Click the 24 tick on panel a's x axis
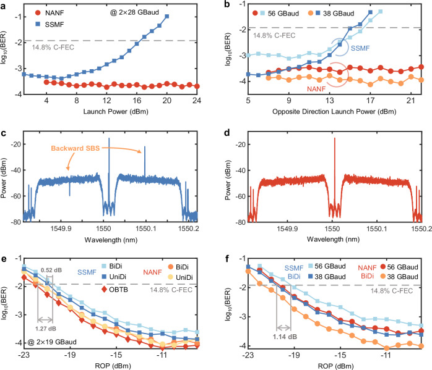(198, 101)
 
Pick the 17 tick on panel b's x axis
(370, 101)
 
